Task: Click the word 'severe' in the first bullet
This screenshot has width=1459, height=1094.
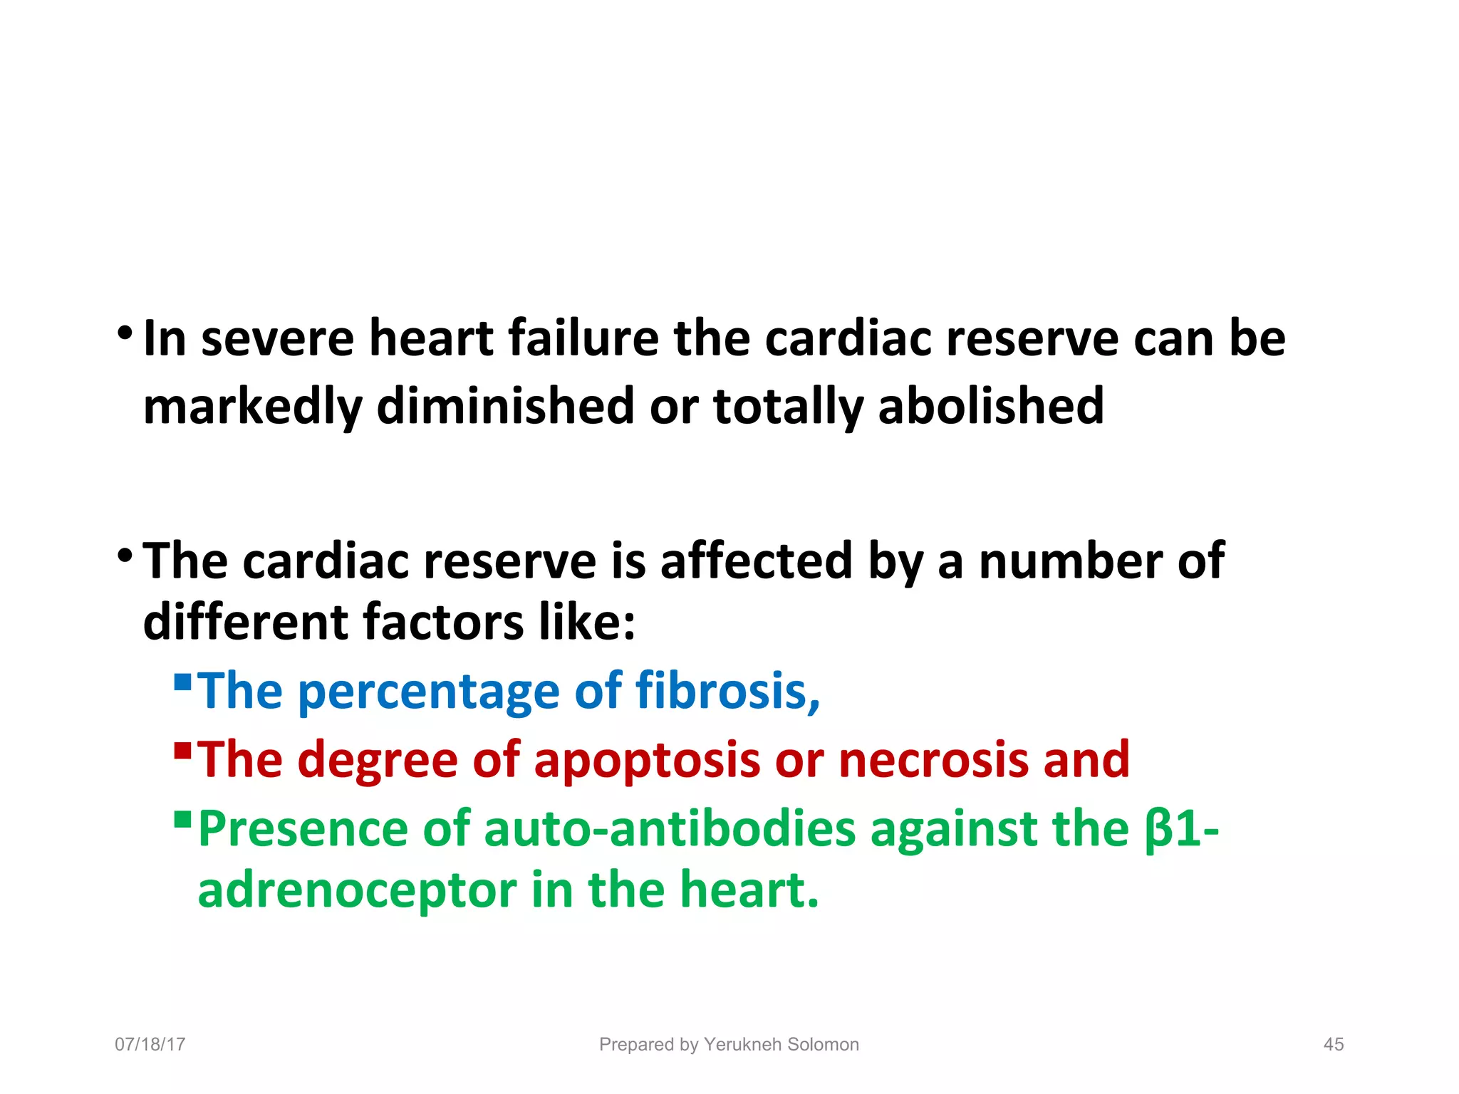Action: [x=277, y=339]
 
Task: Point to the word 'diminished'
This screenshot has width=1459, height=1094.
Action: [x=505, y=406]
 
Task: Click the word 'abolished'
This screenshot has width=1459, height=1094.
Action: [x=991, y=406]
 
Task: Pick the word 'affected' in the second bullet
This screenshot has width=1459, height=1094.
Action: [x=756, y=561]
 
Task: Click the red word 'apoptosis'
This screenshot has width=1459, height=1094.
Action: [x=647, y=761]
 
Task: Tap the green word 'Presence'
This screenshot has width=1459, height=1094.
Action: [x=303, y=829]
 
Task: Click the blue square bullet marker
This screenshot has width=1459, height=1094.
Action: [x=183, y=682]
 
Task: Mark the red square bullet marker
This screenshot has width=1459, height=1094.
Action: [x=183, y=751]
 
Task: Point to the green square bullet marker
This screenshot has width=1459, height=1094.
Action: [x=183, y=819]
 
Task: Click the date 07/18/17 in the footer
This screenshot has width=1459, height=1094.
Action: [x=150, y=1044]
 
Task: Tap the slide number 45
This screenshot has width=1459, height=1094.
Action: [x=1333, y=1044]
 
